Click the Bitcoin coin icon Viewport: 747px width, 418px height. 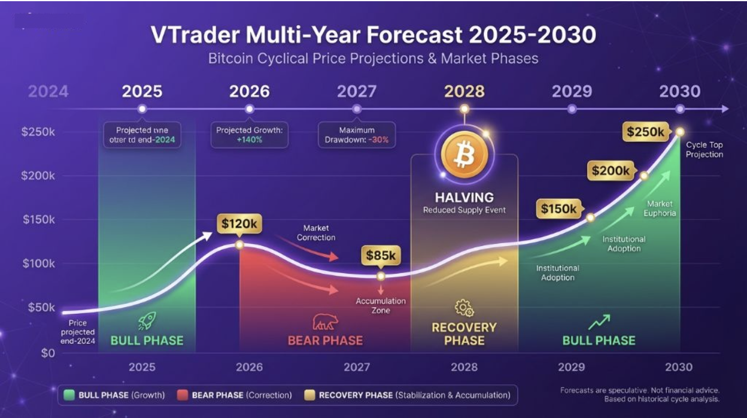point(464,155)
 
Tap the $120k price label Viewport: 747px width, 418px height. point(239,224)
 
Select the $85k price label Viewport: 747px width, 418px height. point(380,256)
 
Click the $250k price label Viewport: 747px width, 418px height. point(645,132)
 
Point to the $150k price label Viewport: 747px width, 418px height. point(558,209)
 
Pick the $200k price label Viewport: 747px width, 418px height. point(611,171)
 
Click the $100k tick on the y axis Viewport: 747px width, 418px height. point(38,263)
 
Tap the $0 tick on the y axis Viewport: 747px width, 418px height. point(48,353)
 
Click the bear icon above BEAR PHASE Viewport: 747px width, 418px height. point(325,323)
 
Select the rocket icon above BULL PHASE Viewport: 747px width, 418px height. point(146,322)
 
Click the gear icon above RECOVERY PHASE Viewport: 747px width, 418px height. point(464,308)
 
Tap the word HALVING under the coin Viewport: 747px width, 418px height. point(464,197)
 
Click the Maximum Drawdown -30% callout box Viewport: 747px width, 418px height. point(357,135)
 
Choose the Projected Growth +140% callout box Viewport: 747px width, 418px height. point(249,135)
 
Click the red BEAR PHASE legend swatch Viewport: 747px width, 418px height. point(183,395)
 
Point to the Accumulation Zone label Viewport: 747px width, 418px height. point(381,305)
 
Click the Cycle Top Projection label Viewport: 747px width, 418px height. point(705,150)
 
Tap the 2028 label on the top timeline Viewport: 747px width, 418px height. point(464,92)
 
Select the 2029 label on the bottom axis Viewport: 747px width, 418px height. point(571,367)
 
